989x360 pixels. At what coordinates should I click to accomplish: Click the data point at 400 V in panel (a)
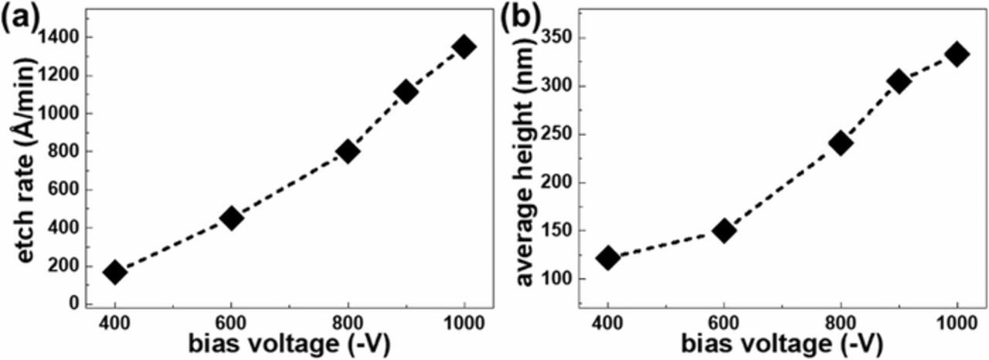[115, 272]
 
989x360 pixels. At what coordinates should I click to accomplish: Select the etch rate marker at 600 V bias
[231, 218]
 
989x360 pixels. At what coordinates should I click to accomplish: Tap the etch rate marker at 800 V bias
[348, 151]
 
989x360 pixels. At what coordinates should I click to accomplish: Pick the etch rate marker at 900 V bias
[406, 92]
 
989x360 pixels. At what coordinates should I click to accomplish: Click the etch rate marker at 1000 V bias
[464, 46]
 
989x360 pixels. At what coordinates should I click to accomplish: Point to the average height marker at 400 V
[608, 257]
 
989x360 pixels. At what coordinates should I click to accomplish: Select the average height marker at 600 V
[724, 230]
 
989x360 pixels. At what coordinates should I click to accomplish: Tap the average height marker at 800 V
[841, 143]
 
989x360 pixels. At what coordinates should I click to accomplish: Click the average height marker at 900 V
[899, 81]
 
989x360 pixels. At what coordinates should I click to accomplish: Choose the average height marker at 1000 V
[957, 54]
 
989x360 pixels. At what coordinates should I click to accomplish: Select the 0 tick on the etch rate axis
[76, 304]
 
